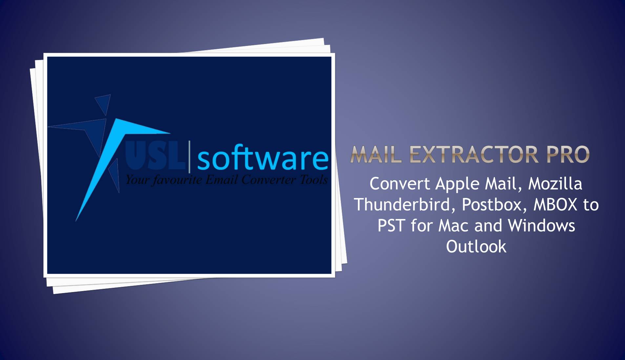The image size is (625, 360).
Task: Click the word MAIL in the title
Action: point(376,154)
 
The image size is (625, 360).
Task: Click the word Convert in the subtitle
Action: point(400,184)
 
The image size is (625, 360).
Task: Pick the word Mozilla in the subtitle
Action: point(555,184)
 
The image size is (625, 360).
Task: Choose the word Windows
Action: point(541,226)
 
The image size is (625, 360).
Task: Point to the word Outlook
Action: point(476,247)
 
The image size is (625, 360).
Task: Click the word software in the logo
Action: point(262,159)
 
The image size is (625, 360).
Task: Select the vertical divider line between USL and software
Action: point(189,156)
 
